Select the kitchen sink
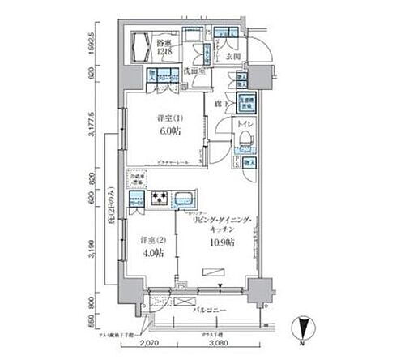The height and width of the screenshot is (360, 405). click(x=183, y=197)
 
